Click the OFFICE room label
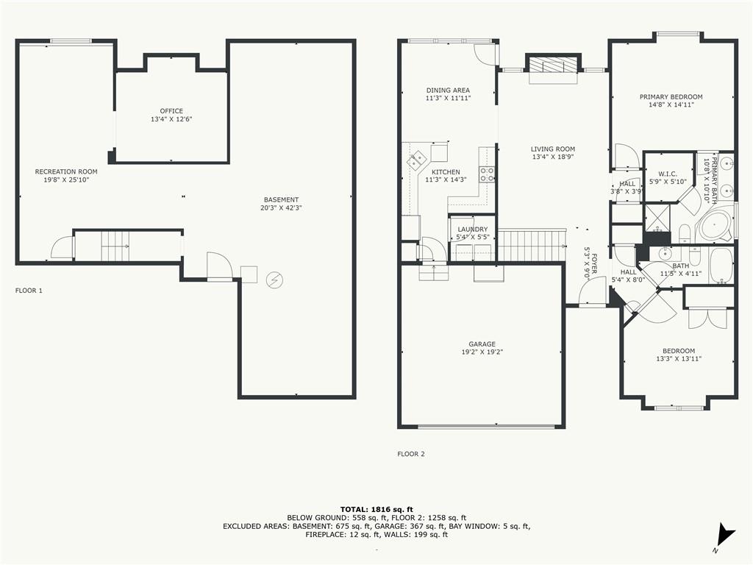[x=171, y=111]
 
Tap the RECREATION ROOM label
[x=66, y=171]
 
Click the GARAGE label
[x=482, y=344]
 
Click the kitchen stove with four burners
[x=487, y=174]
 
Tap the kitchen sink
[x=417, y=160]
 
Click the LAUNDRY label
[x=473, y=230]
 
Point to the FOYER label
[x=594, y=264]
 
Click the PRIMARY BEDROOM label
[x=671, y=97]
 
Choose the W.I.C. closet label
[x=668, y=174]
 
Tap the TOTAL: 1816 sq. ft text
[x=376, y=509]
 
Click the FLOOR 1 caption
[x=29, y=291]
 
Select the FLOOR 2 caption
[x=411, y=454]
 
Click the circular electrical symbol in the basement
[x=275, y=280]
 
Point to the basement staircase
[x=115, y=246]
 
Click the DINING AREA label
[x=448, y=90]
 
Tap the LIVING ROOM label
[x=553, y=149]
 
